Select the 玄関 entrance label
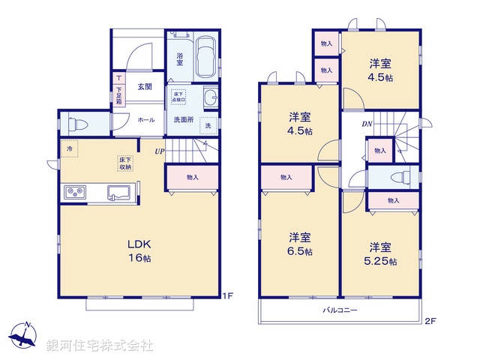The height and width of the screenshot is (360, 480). click(x=145, y=87)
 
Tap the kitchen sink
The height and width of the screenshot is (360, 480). click(x=119, y=196)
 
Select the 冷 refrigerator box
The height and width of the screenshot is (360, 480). click(x=70, y=149)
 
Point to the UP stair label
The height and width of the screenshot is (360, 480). click(x=160, y=152)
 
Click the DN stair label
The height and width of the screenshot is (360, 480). click(x=367, y=124)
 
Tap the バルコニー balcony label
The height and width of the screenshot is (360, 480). click(x=340, y=310)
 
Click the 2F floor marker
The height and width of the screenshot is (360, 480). click(x=430, y=322)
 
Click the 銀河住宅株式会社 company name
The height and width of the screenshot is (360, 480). click(x=100, y=346)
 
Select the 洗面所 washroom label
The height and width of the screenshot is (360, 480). click(x=184, y=119)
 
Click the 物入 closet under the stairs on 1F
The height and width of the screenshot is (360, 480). click(x=192, y=177)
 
